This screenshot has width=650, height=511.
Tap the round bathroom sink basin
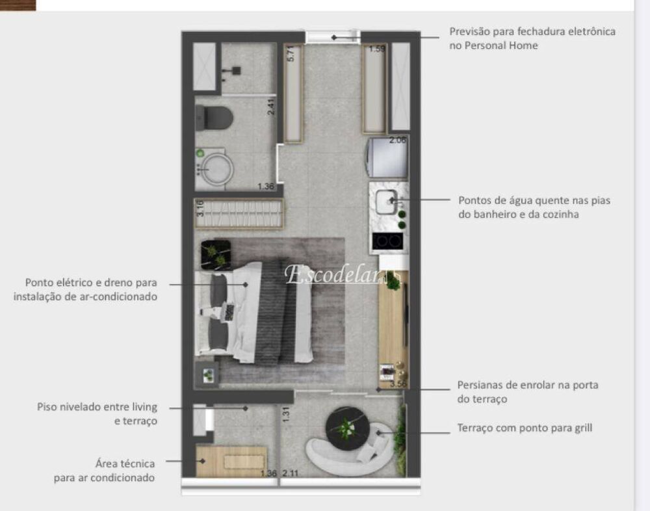tap(214, 168)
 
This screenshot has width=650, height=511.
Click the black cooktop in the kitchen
tap(387, 241)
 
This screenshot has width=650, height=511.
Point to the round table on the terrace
tap(347, 428)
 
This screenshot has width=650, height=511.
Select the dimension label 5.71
tap(291, 53)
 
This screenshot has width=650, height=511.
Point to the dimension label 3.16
tap(201, 208)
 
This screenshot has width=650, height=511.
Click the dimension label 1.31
tap(285, 414)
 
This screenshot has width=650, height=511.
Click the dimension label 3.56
tap(398, 385)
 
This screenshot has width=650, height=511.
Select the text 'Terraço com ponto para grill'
tap(524, 428)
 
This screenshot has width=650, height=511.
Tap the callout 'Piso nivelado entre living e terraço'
tap(97, 413)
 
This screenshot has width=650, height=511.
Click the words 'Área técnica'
tap(125, 464)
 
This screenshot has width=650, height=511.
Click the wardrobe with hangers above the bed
tap(239, 213)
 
